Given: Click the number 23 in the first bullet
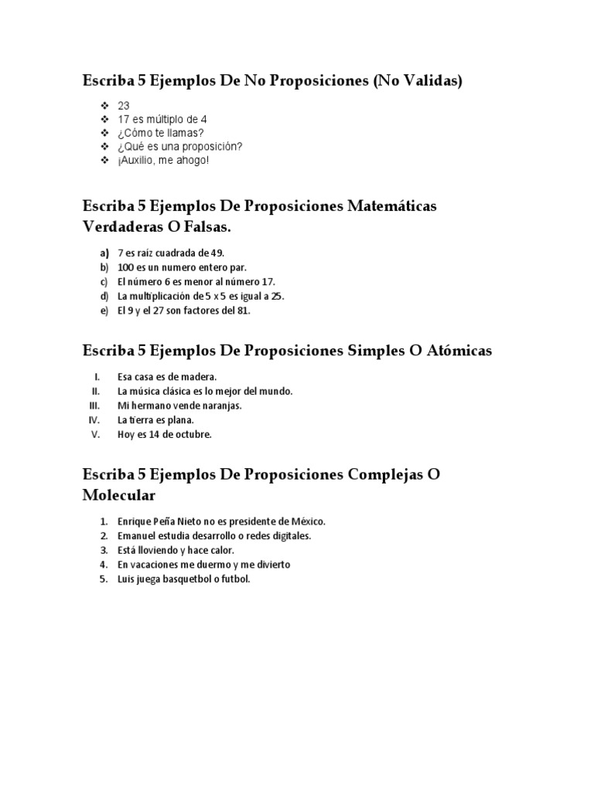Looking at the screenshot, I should [124, 105].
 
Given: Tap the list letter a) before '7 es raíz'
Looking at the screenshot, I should [104, 253].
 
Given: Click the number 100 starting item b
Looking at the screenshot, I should [125, 267].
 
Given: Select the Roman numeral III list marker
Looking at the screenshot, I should [94, 406].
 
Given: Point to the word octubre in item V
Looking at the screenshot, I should [193, 435].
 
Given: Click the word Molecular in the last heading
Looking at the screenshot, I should [119, 494].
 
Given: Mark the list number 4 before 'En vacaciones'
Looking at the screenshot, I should [103, 565].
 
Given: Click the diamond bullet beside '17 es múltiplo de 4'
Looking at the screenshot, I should [104, 120].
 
